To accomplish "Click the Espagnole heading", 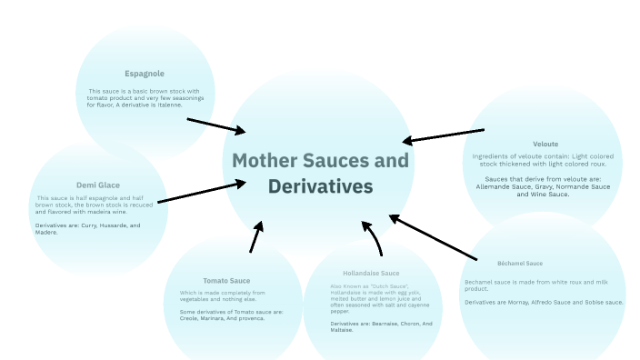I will click(x=145, y=74).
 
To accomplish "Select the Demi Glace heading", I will click(x=98, y=185).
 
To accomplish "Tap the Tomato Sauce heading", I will click(x=226, y=281).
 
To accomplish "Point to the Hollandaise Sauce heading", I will click(x=371, y=273).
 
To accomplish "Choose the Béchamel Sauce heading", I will click(x=520, y=264).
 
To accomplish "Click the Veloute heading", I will click(x=545, y=144).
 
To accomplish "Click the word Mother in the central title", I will click(x=265, y=161).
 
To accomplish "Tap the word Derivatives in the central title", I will click(x=320, y=187).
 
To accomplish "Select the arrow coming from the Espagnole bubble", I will click(x=214, y=125).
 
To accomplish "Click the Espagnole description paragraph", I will click(x=143, y=97).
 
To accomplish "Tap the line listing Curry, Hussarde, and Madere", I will click(x=87, y=228).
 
